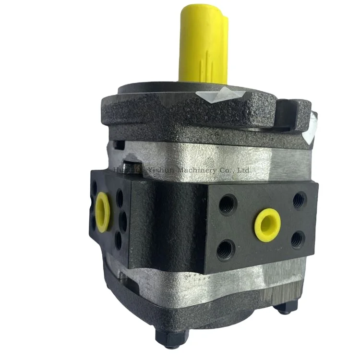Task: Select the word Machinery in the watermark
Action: [x=192, y=169]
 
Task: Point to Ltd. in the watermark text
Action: [x=244, y=169]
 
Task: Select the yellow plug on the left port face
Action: [x=102, y=207]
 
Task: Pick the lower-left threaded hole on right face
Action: [x=225, y=249]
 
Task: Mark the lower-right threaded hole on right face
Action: [x=298, y=239]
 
